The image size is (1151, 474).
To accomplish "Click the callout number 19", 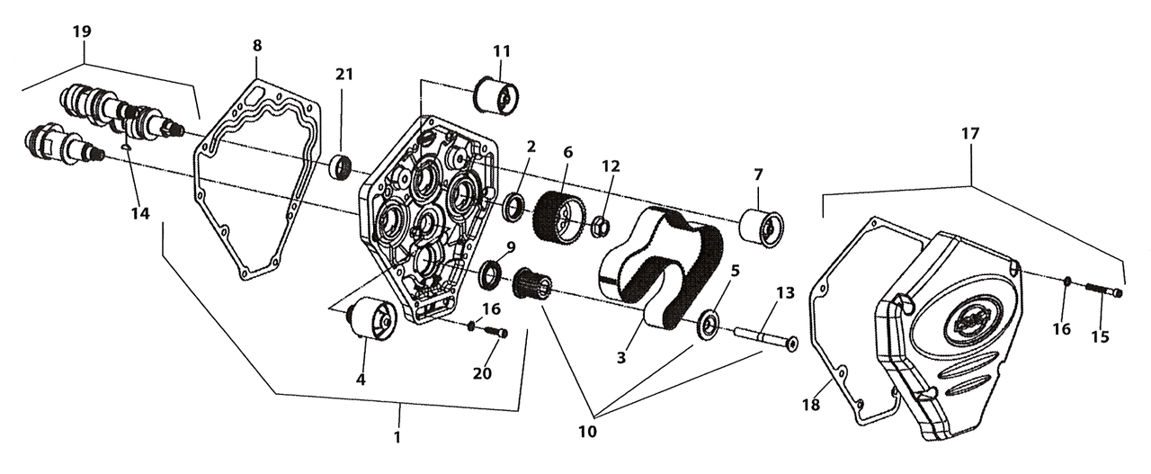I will (x=82, y=31).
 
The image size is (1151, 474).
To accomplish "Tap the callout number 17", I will (x=970, y=132).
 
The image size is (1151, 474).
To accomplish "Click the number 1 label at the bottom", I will (x=397, y=437).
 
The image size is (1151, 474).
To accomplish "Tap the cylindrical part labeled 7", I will (x=762, y=225).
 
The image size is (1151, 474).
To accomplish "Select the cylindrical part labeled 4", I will (x=370, y=319).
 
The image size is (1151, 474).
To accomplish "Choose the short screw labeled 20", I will (x=494, y=332).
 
